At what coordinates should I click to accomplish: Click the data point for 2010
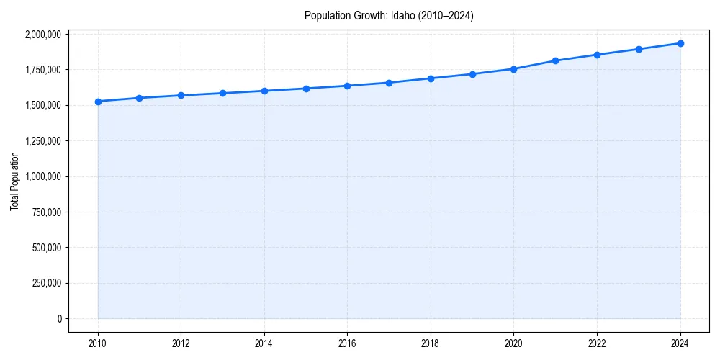(98, 102)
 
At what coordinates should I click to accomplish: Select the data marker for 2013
(222, 93)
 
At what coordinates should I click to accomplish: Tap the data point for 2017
(389, 83)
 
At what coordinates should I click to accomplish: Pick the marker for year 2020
(514, 69)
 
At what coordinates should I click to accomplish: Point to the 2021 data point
(555, 60)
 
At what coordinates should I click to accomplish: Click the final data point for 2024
(680, 43)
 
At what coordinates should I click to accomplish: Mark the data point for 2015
(306, 89)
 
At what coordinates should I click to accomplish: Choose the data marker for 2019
(472, 74)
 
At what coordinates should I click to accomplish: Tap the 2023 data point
(639, 49)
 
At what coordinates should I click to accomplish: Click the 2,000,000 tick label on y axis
(44, 34)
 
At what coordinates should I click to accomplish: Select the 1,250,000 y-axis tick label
(44, 141)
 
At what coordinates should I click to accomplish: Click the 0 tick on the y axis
(60, 318)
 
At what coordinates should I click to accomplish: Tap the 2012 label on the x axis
(181, 343)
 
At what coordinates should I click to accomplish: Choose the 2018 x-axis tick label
(431, 343)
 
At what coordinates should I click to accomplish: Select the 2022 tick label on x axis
(597, 343)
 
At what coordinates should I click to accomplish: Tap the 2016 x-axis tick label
(348, 343)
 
